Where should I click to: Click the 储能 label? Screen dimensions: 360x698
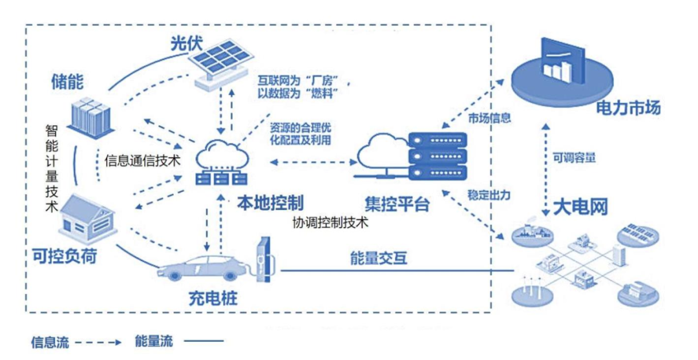[x=68, y=82]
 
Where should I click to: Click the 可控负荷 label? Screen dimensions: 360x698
[x=63, y=256]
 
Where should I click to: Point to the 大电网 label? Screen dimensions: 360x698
[x=580, y=207]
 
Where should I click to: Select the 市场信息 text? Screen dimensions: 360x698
[x=489, y=118]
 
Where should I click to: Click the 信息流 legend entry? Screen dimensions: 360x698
[x=52, y=341]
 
